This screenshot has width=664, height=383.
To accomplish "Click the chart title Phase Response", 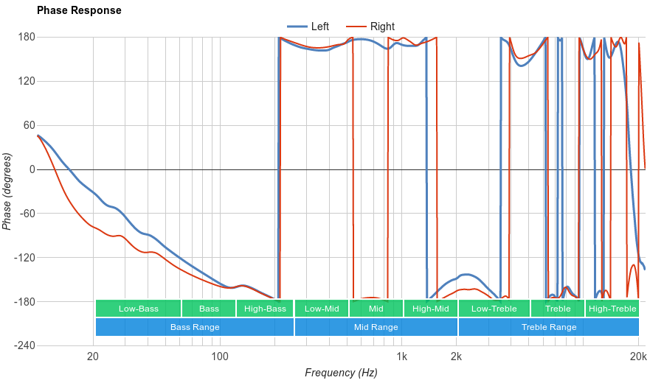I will [x=79, y=11].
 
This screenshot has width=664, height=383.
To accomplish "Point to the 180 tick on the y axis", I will [x=27, y=37].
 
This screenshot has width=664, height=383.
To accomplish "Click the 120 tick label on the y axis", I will [x=27, y=81].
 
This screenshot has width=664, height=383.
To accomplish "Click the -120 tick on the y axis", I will [x=24, y=258].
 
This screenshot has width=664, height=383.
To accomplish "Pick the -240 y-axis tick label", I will [x=24, y=346].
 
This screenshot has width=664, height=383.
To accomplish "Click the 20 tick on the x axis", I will [x=93, y=357].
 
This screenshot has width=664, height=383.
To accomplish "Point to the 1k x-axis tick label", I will [x=401, y=357].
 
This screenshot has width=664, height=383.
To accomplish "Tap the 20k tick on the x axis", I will [x=638, y=357].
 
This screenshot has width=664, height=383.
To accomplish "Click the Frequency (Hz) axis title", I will [x=341, y=373].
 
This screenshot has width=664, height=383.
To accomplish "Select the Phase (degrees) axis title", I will [x=7, y=191].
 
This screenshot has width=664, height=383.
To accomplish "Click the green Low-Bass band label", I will [x=138, y=309].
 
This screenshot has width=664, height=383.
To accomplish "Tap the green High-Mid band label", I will [x=430, y=309].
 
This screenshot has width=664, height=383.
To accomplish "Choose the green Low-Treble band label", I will [x=493, y=309].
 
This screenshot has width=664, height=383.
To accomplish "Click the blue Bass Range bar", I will [x=195, y=327].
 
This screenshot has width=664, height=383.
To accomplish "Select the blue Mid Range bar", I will [x=376, y=327].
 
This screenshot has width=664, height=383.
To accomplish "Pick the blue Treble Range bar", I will [x=549, y=327].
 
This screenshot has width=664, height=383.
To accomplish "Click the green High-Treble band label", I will [x=612, y=309].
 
